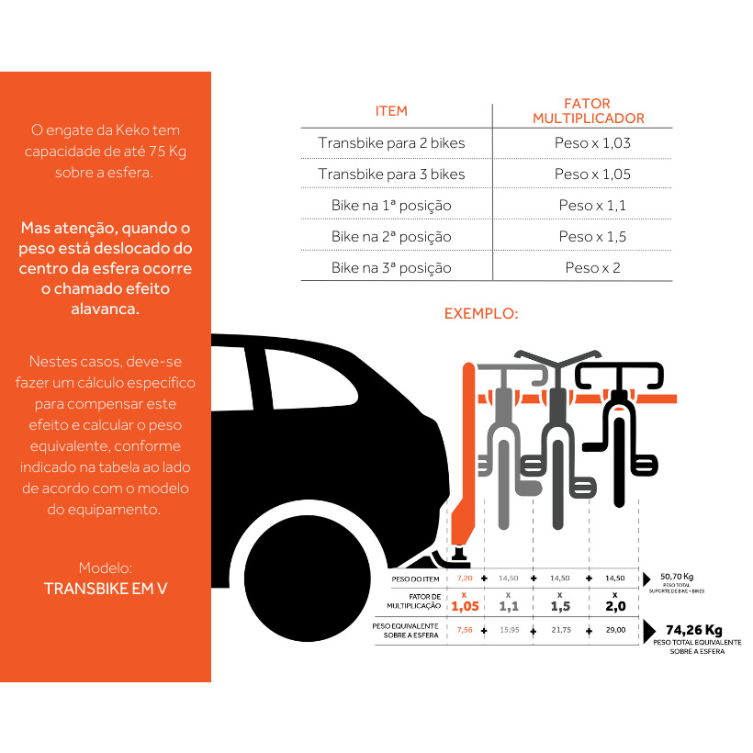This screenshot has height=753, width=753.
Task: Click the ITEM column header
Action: point(391,111)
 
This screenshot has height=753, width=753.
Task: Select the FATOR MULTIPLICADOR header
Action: point(588,111)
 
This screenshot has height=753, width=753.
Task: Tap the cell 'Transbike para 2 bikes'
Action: point(391,143)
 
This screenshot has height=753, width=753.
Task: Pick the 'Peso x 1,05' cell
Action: point(592,174)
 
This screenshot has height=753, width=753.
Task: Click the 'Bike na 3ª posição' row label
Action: point(391,268)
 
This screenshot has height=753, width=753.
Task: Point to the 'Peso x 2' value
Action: point(592,268)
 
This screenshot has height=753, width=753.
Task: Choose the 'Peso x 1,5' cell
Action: point(592,237)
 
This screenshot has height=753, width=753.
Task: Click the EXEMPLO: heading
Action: point(481,313)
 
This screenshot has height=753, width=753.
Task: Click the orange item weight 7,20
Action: point(464,579)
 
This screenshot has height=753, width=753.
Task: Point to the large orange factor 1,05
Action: point(464,606)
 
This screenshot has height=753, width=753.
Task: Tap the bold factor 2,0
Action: point(614,606)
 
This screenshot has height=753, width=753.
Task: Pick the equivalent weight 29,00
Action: point(614,630)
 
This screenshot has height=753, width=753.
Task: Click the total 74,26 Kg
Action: point(693,630)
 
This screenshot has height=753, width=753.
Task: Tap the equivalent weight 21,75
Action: point(560,630)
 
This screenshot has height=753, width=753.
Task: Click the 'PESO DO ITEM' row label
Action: point(416,579)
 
